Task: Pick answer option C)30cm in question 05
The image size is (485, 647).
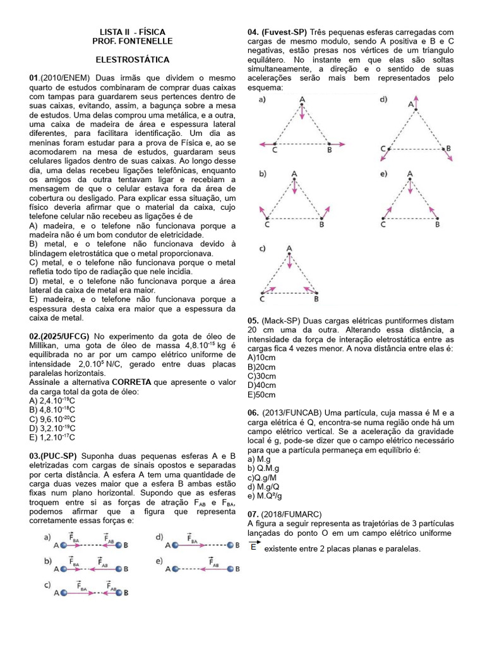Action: tap(261, 375)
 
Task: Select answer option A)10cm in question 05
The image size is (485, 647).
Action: tap(261, 357)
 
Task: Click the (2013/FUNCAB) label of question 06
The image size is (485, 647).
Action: tap(291, 413)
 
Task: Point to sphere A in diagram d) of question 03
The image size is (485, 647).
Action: tap(169, 545)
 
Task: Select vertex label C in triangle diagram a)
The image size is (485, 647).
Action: tap(274, 150)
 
